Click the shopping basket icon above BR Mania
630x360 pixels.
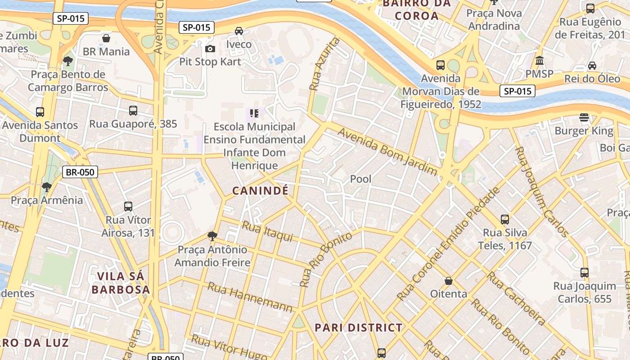[106, 38]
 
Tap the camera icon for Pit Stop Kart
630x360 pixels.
[210, 49]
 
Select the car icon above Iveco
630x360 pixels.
[239, 31]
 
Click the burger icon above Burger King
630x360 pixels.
[584, 118]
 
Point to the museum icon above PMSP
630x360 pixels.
[539, 60]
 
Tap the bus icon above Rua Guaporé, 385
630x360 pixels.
[133, 111]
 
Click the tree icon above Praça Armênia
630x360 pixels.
[46, 187]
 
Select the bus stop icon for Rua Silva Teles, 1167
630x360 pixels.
[505, 220]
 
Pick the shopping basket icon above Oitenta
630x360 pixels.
[449, 281]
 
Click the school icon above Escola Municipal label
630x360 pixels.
[254, 113]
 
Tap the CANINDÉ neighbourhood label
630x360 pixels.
[260, 191]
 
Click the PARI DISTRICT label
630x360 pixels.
[358, 328]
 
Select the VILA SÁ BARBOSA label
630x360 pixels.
[121, 283]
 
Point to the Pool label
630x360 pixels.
[361, 179]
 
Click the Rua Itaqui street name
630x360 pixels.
[267, 231]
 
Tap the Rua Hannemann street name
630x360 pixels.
[250, 297]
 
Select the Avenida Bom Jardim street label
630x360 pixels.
[387, 151]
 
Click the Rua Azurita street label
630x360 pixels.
[324, 63]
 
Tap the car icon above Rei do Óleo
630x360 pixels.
[592, 66]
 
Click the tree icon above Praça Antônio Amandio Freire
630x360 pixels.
[212, 236]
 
